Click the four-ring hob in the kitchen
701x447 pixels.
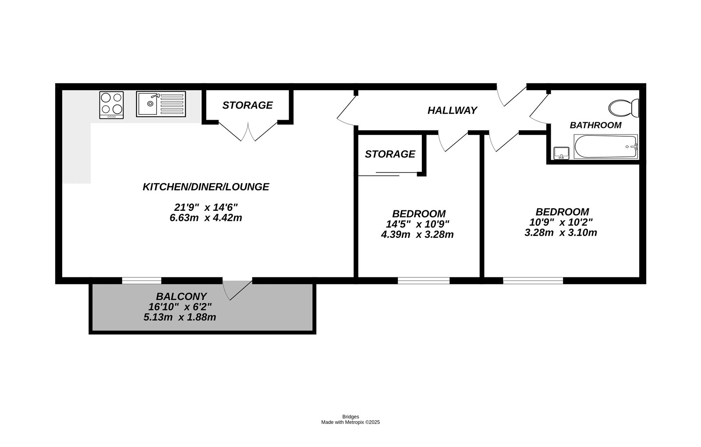pos(111,104)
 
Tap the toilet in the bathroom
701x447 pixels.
pos(624,107)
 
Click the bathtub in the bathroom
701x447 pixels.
pos(605,147)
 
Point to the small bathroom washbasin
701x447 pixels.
pos(561,153)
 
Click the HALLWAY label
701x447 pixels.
pos(452,110)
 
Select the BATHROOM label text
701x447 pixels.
pos(595,125)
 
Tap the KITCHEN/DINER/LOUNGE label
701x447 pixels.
pos(205,187)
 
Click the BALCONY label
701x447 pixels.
pos(181,297)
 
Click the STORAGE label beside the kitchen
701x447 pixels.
pos(247,105)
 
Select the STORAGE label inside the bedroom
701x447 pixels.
pos(389,154)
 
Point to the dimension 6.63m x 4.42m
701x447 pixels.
pos(205,218)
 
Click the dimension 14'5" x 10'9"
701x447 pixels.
pos(417,224)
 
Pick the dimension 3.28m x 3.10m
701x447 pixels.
pos(560,233)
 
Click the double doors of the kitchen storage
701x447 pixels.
pos(248,131)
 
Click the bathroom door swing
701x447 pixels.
pos(539,110)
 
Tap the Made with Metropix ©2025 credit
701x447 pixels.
pos(350,422)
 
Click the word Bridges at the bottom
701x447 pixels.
pos(350,417)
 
